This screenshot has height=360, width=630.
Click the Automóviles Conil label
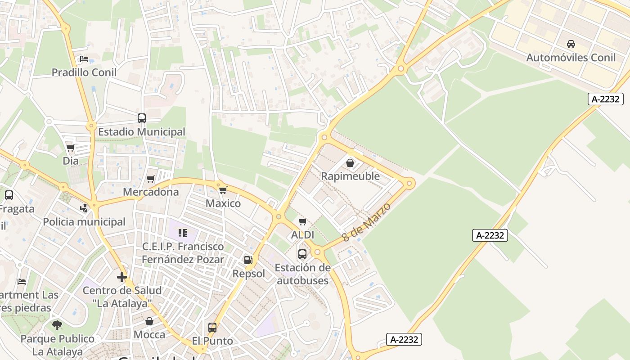pyautogui.click(x=571, y=58)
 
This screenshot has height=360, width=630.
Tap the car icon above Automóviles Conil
pyautogui.click(x=571, y=44)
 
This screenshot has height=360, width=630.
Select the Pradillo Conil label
pyautogui.click(x=84, y=72)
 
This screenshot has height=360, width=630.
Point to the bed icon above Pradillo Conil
pyautogui.click(x=84, y=58)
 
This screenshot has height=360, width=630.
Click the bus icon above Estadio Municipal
pyautogui.click(x=142, y=118)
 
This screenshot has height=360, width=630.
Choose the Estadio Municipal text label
pyautogui.click(x=142, y=132)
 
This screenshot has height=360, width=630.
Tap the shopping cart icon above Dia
pyautogui.click(x=70, y=148)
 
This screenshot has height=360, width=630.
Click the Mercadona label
pyautogui.click(x=151, y=192)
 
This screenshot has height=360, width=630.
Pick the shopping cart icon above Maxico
pyautogui.click(x=223, y=190)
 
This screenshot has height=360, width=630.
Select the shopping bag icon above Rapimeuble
pyautogui.click(x=350, y=162)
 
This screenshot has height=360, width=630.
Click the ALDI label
pyautogui.click(x=302, y=235)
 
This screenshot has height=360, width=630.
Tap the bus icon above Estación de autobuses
pyautogui.click(x=302, y=254)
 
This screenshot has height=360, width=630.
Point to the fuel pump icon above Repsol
pyautogui.click(x=248, y=260)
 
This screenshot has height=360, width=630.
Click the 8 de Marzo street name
pyautogui.click(x=366, y=222)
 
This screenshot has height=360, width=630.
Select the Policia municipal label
pyautogui.click(x=84, y=222)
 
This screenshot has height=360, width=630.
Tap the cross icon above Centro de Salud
pyautogui.click(x=121, y=277)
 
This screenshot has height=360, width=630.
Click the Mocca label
pyautogui.click(x=149, y=335)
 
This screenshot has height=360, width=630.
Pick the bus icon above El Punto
pyautogui.click(x=212, y=328)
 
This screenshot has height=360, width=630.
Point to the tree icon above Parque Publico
pyautogui.click(x=57, y=325)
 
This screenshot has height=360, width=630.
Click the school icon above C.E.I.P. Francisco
pyautogui.click(x=183, y=233)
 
